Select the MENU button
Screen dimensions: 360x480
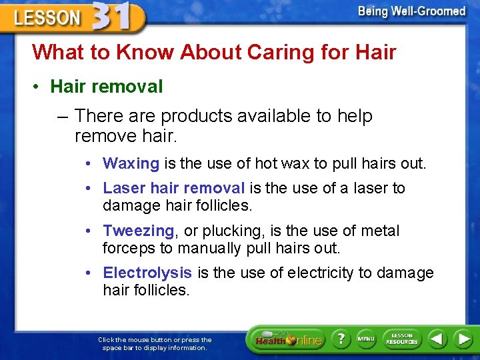[366, 339]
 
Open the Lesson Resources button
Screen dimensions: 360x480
[401, 339]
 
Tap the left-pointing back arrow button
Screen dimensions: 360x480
[437, 339]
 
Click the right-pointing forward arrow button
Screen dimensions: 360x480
[463, 339]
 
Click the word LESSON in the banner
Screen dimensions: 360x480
[47, 18]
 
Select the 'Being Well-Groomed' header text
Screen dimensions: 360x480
[411, 11]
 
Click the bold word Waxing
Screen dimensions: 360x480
[131, 163]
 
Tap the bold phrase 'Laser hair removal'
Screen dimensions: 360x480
[174, 189]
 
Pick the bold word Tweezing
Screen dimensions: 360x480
[139, 231]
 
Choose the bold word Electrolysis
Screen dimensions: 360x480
[147, 273]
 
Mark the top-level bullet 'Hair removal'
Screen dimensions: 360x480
[107, 87]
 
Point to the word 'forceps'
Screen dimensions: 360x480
[129, 249]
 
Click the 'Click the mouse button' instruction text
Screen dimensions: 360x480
[155, 343]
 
